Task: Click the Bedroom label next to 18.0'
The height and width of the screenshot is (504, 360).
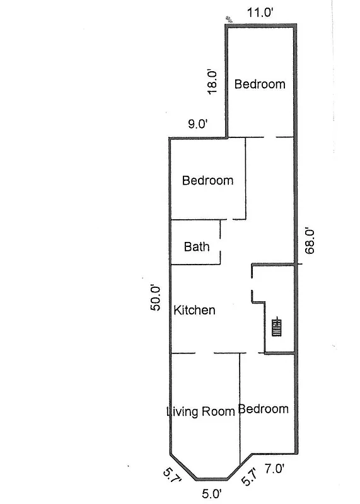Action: click(x=260, y=84)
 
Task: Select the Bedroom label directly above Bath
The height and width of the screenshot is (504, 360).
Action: click(x=207, y=180)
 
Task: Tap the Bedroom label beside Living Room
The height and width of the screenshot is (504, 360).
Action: click(x=264, y=409)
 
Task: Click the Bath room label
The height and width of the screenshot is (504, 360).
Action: click(x=196, y=247)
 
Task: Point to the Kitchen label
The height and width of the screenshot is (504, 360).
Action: click(x=194, y=310)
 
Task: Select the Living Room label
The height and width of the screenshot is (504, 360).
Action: click(x=200, y=412)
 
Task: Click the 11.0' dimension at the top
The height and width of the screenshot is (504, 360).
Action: click(x=258, y=11)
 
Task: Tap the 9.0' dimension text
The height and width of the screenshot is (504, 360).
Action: click(x=197, y=124)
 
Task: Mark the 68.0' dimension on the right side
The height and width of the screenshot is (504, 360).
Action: click(x=310, y=240)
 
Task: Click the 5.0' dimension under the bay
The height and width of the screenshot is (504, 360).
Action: click(x=212, y=493)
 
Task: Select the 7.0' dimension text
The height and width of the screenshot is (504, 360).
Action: click(x=275, y=469)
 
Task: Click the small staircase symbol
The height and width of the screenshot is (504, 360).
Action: click(x=277, y=328)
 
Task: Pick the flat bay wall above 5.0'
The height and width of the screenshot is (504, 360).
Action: click(x=212, y=479)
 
